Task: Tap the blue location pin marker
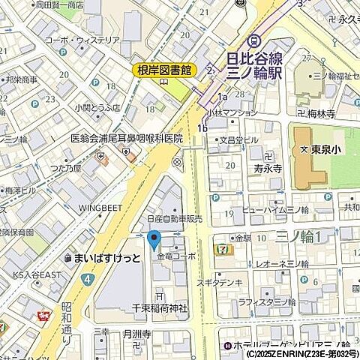click(154, 241)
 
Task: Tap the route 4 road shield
click(88, 278)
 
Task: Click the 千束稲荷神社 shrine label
click(160, 308)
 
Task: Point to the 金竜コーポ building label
click(176, 256)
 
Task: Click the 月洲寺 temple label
click(137, 334)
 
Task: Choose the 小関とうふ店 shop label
click(97, 106)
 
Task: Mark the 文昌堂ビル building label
click(238, 139)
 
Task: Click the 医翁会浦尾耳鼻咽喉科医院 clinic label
click(127, 139)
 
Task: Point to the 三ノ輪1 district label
click(299, 236)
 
